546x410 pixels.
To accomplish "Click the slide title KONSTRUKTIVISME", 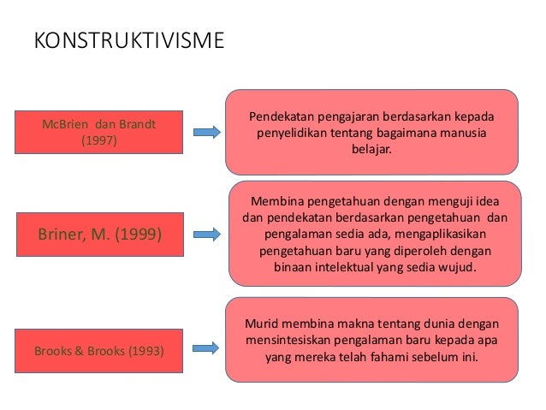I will (x=128, y=40).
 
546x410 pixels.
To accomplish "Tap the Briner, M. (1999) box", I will (x=100, y=233).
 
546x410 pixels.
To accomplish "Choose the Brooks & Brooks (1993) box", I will (x=100, y=350).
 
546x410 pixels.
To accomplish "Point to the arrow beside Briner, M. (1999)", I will (x=207, y=233).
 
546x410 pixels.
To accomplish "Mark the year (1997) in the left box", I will (x=100, y=141).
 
